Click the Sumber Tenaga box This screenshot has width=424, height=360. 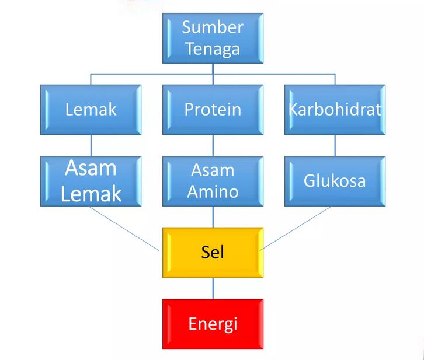click(213, 39)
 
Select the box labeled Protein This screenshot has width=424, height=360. click(213, 110)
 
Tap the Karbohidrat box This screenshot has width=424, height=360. click(335, 110)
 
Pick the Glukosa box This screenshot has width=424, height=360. click(335, 181)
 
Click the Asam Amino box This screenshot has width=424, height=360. click(213, 181)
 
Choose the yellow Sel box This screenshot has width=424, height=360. click(213, 253)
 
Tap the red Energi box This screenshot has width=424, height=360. click(213, 324)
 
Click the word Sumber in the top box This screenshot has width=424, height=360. click(213, 27)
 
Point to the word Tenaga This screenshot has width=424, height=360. click(213, 49)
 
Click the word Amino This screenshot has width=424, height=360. click(213, 191)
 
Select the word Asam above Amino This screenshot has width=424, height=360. click(213, 170)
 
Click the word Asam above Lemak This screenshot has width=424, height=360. click(91, 168)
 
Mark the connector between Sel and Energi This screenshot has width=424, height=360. click(213, 288)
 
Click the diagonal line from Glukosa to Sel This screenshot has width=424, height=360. click(296, 229)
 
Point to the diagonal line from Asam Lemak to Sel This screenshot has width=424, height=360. click(124, 229)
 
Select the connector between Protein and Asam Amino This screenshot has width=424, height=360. click(213, 145)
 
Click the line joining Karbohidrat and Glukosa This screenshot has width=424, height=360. click(335, 145)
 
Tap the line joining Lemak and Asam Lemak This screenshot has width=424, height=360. click(91, 145)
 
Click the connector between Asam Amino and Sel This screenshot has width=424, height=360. click(213, 217)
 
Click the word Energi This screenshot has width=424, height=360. click(213, 324)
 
